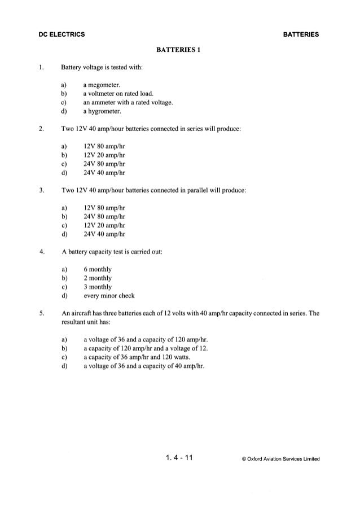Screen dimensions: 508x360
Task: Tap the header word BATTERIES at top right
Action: pos(300,34)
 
